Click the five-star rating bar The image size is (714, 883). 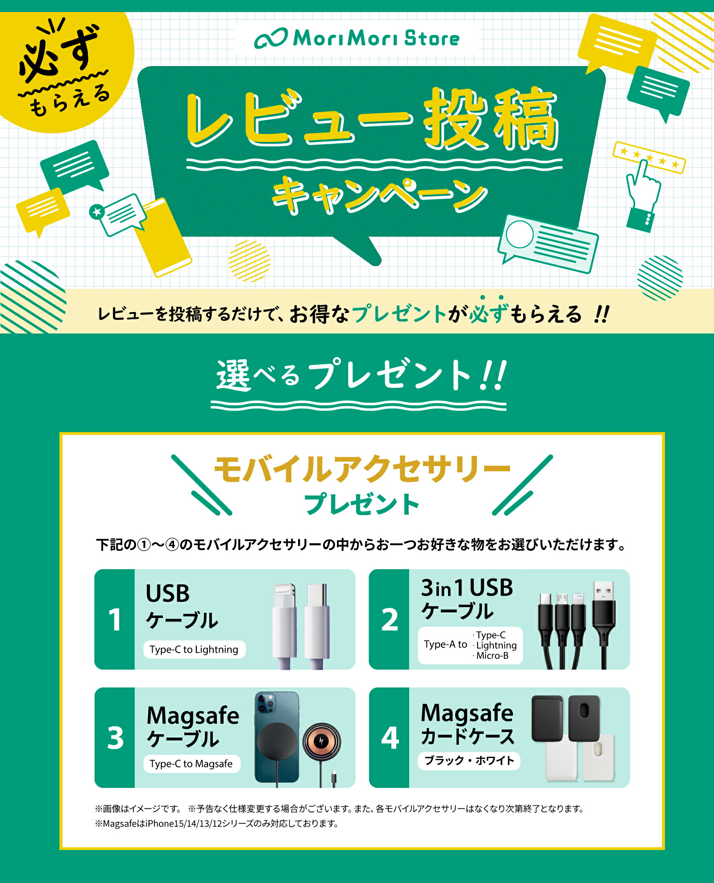(649, 157)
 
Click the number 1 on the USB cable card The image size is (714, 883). (115, 620)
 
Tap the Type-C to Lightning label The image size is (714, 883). (194, 650)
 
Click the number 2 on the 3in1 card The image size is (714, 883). (390, 620)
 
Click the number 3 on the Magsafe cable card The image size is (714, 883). (115, 737)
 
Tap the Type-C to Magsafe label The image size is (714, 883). (191, 764)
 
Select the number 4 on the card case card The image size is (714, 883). (390, 737)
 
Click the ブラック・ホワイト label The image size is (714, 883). (469, 761)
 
